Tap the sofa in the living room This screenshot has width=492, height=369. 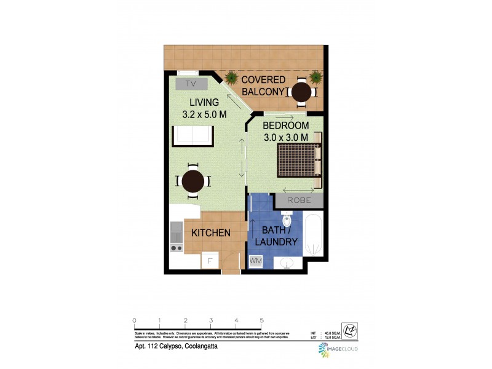coord(192,135)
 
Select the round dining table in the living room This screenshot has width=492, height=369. coord(193,181)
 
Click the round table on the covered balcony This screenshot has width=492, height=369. coord(301,92)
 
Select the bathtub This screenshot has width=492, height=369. coord(314,235)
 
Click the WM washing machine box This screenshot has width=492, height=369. coord(255,261)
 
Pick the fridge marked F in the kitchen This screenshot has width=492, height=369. coord(210,261)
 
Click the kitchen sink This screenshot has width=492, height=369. coord(176,231)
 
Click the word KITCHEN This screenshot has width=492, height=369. coord(211,233)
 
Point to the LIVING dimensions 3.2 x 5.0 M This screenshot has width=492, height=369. coord(205,114)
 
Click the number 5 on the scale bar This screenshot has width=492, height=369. coord(262,320)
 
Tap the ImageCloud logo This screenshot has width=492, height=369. coord(338,349)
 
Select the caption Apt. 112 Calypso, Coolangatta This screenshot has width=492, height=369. coord(176,346)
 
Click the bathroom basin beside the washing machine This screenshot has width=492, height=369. coord(286,263)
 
